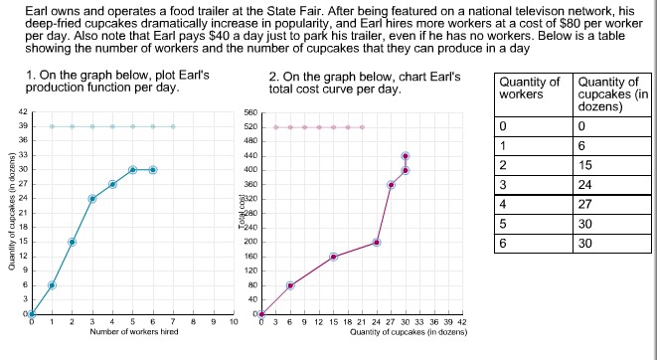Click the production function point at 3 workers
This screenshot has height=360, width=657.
[92, 198]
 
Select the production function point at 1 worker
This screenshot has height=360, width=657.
[52, 285]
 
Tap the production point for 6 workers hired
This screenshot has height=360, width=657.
[153, 169]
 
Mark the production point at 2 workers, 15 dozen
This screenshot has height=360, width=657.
[72, 242]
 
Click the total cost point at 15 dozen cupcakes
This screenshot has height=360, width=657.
[333, 257]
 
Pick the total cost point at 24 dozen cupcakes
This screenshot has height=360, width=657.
[377, 242]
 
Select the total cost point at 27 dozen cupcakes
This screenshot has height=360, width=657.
[391, 185]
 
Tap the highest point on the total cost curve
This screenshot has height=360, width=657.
[406, 156]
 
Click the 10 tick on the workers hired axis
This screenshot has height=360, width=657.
[234, 323]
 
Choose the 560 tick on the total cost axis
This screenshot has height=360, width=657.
[250, 112]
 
